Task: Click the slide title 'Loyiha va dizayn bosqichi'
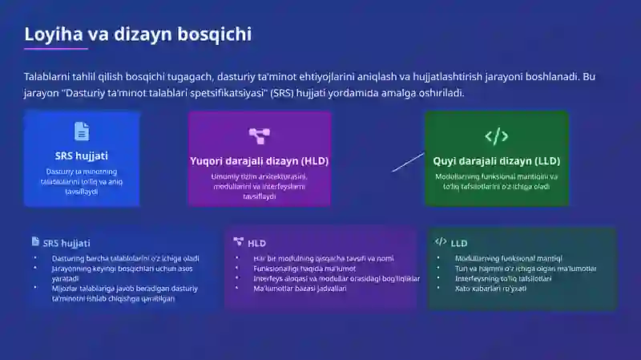(x=138, y=34)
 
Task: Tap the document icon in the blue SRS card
(x=82, y=131)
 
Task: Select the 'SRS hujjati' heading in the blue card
(x=82, y=156)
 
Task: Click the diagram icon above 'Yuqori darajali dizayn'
(x=259, y=136)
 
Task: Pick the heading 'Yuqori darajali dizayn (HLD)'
(x=259, y=160)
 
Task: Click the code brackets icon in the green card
(x=496, y=136)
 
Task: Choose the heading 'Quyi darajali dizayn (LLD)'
(x=496, y=160)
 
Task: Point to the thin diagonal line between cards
(x=408, y=161)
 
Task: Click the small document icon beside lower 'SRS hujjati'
(x=35, y=241)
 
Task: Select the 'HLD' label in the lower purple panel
(x=256, y=243)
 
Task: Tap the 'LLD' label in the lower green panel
(x=459, y=243)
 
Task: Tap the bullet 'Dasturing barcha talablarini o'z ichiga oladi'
(x=125, y=258)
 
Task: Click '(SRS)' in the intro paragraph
(x=281, y=93)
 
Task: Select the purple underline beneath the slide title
(x=56, y=49)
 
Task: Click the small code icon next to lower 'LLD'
(x=441, y=241)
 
